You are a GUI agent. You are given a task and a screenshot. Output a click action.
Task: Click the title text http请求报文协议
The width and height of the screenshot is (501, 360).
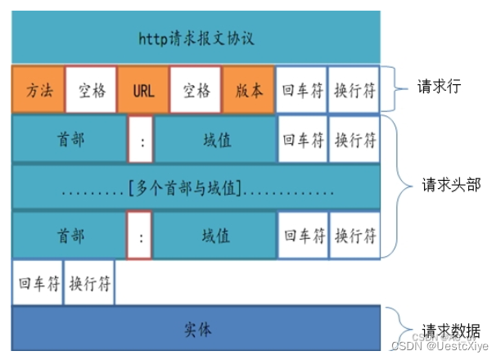196,38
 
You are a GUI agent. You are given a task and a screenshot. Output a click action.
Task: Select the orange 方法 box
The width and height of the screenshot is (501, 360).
38,90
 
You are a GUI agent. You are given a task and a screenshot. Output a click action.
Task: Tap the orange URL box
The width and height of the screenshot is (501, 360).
142,90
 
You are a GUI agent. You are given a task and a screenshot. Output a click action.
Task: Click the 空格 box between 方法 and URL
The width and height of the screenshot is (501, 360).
91,90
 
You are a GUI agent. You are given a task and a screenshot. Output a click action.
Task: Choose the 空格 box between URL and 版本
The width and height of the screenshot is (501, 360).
196,90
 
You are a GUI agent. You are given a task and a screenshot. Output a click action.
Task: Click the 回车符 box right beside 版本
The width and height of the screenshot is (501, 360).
300,90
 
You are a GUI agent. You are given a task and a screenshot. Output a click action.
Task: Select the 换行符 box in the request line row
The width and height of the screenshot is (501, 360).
355,90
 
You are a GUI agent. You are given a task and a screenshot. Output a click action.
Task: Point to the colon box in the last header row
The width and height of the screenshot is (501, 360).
142,236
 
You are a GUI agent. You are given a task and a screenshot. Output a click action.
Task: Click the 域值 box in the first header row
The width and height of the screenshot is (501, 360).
215,140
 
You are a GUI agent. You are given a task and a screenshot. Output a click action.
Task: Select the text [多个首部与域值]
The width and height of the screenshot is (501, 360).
184,189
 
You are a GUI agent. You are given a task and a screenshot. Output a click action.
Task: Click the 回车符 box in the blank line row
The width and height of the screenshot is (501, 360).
38,283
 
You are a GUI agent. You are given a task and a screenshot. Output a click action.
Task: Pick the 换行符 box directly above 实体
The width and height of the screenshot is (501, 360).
89,283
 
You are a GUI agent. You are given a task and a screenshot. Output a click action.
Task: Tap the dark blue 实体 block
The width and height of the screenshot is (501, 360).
196,330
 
